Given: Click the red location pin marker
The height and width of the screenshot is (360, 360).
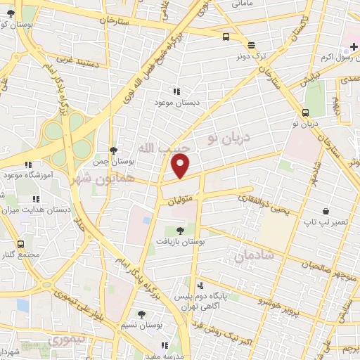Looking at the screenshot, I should [181, 167].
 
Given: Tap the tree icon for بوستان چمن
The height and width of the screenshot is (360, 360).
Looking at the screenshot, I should [113, 150].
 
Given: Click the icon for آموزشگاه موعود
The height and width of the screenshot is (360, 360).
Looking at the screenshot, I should [28, 165].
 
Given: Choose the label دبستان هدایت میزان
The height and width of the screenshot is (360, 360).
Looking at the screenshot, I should [36, 210].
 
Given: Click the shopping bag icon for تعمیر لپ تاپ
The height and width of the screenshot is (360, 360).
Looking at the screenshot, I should [326, 211].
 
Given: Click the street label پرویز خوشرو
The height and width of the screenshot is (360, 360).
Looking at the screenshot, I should [266, 297].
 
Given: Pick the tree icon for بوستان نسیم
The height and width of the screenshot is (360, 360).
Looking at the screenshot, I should [142, 314].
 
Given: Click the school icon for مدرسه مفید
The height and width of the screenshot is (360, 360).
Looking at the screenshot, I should [165, 345].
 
